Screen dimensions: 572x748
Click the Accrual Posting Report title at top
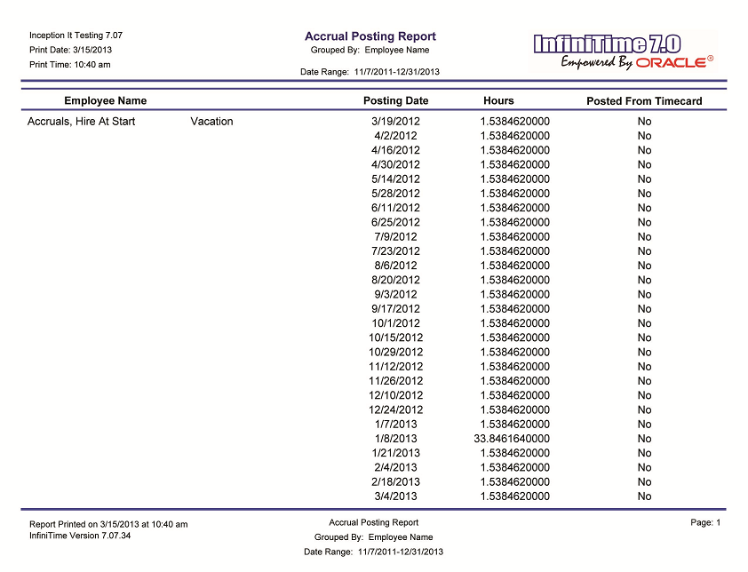(x=370, y=36)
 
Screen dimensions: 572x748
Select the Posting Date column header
(x=395, y=101)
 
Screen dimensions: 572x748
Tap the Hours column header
(x=498, y=101)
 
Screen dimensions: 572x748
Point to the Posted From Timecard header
(x=644, y=101)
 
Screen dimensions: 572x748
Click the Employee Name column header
(x=105, y=101)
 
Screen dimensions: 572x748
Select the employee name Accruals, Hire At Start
(x=82, y=122)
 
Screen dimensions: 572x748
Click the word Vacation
(x=211, y=122)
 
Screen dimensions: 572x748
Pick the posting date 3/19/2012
(x=395, y=122)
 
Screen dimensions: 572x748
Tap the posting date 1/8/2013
(x=395, y=439)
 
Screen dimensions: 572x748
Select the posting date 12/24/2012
(x=395, y=410)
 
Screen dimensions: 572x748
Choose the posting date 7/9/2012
(x=395, y=237)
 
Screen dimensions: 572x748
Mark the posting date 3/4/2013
(x=395, y=497)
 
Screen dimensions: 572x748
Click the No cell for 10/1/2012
(x=644, y=323)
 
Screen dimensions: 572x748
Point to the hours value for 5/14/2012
(x=514, y=179)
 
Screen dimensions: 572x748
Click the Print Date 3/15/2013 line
(x=71, y=50)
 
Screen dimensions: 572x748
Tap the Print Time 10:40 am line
(x=70, y=65)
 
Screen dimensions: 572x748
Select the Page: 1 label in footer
(x=705, y=523)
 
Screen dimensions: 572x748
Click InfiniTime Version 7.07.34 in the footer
(x=80, y=536)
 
